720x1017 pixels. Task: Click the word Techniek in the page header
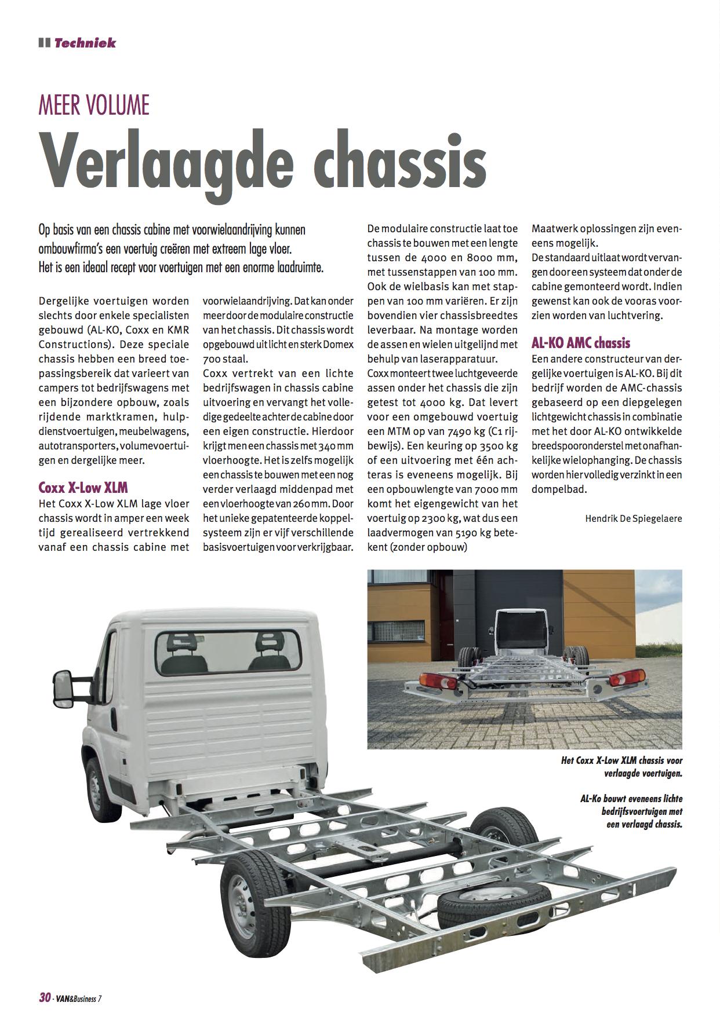[85, 43]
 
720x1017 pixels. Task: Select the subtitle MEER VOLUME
[94, 106]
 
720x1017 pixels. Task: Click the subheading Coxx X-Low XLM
[83, 487]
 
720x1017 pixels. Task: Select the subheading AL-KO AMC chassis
[581, 343]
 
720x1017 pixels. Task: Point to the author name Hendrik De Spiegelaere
[634, 518]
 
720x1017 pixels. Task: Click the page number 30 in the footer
[45, 997]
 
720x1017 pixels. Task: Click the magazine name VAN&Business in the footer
[78, 998]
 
